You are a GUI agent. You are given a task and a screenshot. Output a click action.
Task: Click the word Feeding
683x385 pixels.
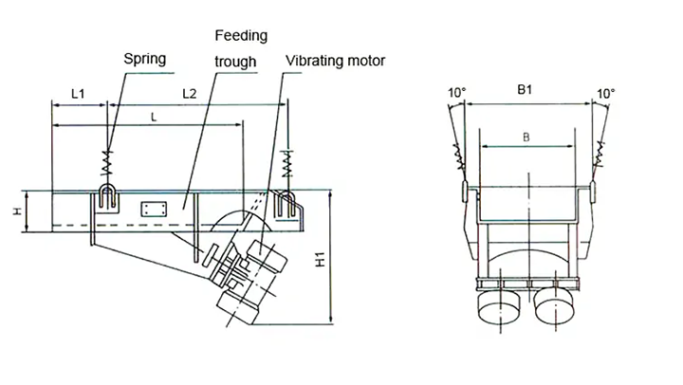point(240,36)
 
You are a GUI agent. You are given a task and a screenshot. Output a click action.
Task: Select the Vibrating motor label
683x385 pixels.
point(336,62)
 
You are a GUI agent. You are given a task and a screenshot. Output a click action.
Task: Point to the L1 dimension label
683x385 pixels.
point(79,95)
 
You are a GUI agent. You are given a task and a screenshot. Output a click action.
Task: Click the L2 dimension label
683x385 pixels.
point(189,95)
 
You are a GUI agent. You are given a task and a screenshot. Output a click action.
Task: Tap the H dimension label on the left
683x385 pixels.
point(17,211)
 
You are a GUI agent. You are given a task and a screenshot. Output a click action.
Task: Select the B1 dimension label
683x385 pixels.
point(525,90)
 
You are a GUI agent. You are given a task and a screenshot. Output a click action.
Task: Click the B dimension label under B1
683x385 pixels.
point(526,137)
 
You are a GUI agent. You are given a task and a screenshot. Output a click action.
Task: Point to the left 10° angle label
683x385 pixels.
point(457,93)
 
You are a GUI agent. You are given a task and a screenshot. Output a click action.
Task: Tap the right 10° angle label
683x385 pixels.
point(606,93)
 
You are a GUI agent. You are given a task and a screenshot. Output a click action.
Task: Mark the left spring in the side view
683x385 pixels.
point(108,162)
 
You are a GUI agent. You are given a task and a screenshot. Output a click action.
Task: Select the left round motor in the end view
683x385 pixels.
point(498,309)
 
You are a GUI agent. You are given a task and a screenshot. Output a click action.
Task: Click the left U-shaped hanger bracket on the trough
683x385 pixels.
point(107,198)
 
